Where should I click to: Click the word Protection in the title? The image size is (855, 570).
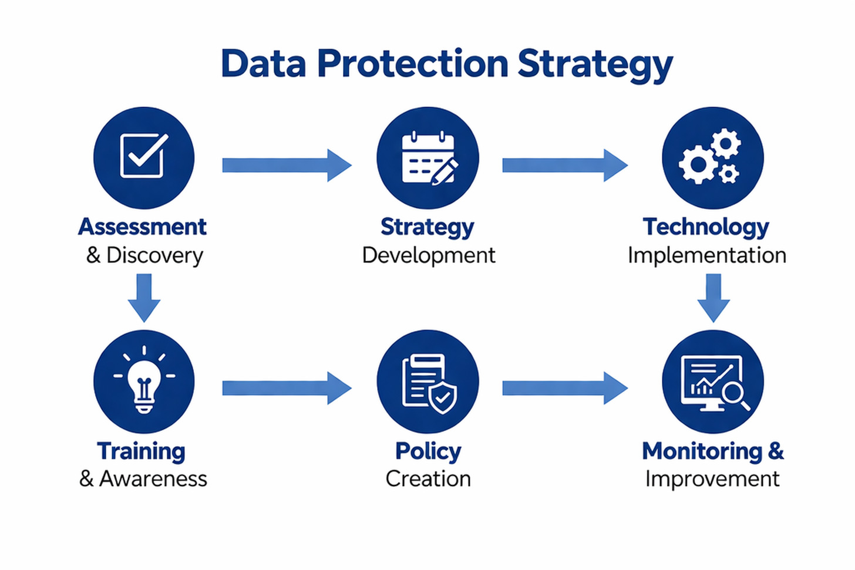(x=412, y=63)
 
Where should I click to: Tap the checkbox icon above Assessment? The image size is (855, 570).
(x=143, y=156)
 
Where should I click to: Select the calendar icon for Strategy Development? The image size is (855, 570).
(x=428, y=158)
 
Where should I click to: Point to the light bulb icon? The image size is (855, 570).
(x=144, y=381)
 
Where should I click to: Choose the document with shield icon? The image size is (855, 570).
(x=428, y=382)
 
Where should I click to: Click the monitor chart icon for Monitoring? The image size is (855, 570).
(x=712, y=382)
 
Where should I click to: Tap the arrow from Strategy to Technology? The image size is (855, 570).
(x=564, y=165)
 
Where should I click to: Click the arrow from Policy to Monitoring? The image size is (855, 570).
(x=564, y=388)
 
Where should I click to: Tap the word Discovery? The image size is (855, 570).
(x=154, y=255)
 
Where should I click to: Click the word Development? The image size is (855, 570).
(x=429, y=255)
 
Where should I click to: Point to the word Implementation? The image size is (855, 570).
(x=707, y=255)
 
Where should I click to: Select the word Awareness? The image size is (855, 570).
(x=153, y=479)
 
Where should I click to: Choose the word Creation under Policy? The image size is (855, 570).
(x=428, y=479)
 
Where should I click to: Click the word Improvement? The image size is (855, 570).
(x=712, y=479)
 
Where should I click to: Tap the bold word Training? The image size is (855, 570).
(x=141, y=451)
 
